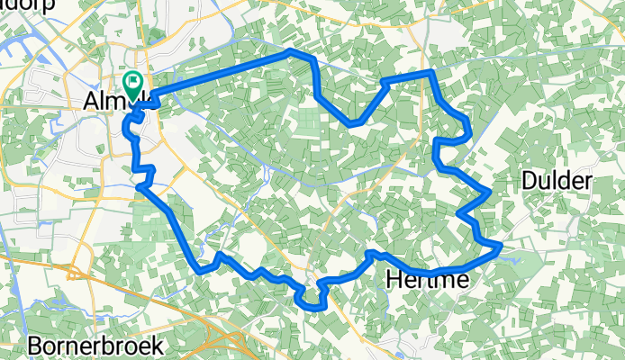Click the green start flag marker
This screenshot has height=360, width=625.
(x=133, y=84)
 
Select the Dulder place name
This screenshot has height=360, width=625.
(x=557, y=181)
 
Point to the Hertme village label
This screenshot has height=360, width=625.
(x=427, y=281)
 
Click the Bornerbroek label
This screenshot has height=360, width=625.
(x=95, y=345)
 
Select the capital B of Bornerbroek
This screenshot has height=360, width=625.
(x=35, y=345)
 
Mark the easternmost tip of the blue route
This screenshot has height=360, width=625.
(x=500, y=246)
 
